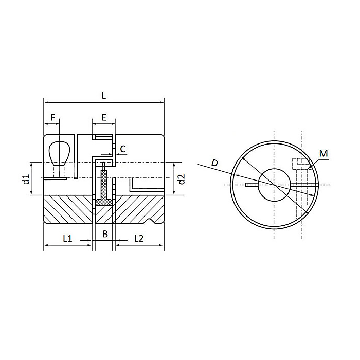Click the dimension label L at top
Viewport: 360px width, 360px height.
coord(103,95)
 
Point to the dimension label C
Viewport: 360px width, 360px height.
coord(122,149)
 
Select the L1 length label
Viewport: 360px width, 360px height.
coord(67,238)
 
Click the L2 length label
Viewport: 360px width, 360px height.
coord(139,238)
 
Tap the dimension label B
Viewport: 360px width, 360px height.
coord(104,235)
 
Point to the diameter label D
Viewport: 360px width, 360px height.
coord(215,163)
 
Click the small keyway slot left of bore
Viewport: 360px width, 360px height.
coord(251,184)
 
